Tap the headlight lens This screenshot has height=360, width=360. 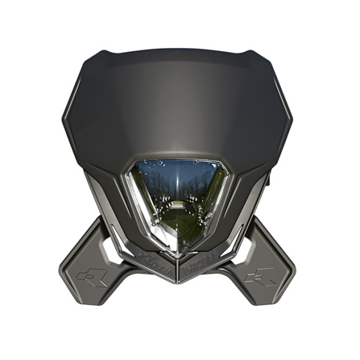pos(178,199)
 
